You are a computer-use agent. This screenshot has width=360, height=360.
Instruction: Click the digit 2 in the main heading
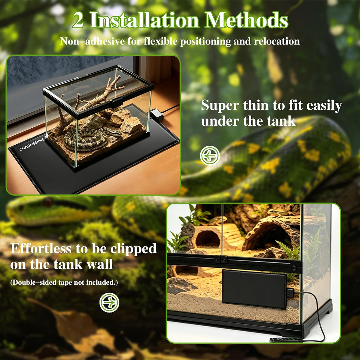78,21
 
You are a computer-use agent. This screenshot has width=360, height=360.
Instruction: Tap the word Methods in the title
246,20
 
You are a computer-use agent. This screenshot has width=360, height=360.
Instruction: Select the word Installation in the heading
144,20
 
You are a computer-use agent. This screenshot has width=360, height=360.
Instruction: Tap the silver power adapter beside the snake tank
157,115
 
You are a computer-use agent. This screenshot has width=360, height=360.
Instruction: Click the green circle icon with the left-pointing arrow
209,156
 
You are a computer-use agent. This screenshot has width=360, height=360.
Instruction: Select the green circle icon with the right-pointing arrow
109,302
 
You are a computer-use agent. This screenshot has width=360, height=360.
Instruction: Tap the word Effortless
41,248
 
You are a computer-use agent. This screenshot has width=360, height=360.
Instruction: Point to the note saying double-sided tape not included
64,282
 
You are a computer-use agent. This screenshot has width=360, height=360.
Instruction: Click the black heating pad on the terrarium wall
254,289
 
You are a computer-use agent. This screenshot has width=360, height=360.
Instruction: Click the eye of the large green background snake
48,202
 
